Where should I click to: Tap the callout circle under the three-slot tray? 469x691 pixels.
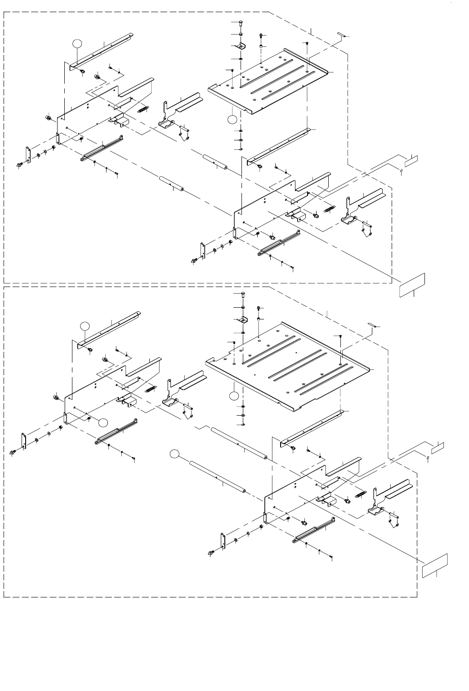pos(232,119)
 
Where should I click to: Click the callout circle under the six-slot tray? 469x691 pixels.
pos(233,396)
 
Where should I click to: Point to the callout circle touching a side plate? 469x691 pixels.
pos(103,422)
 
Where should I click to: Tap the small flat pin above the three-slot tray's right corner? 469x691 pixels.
pos(341,35)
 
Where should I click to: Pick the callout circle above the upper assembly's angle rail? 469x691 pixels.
pos(77,43)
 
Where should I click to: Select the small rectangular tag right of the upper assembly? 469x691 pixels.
pos(413,159)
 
